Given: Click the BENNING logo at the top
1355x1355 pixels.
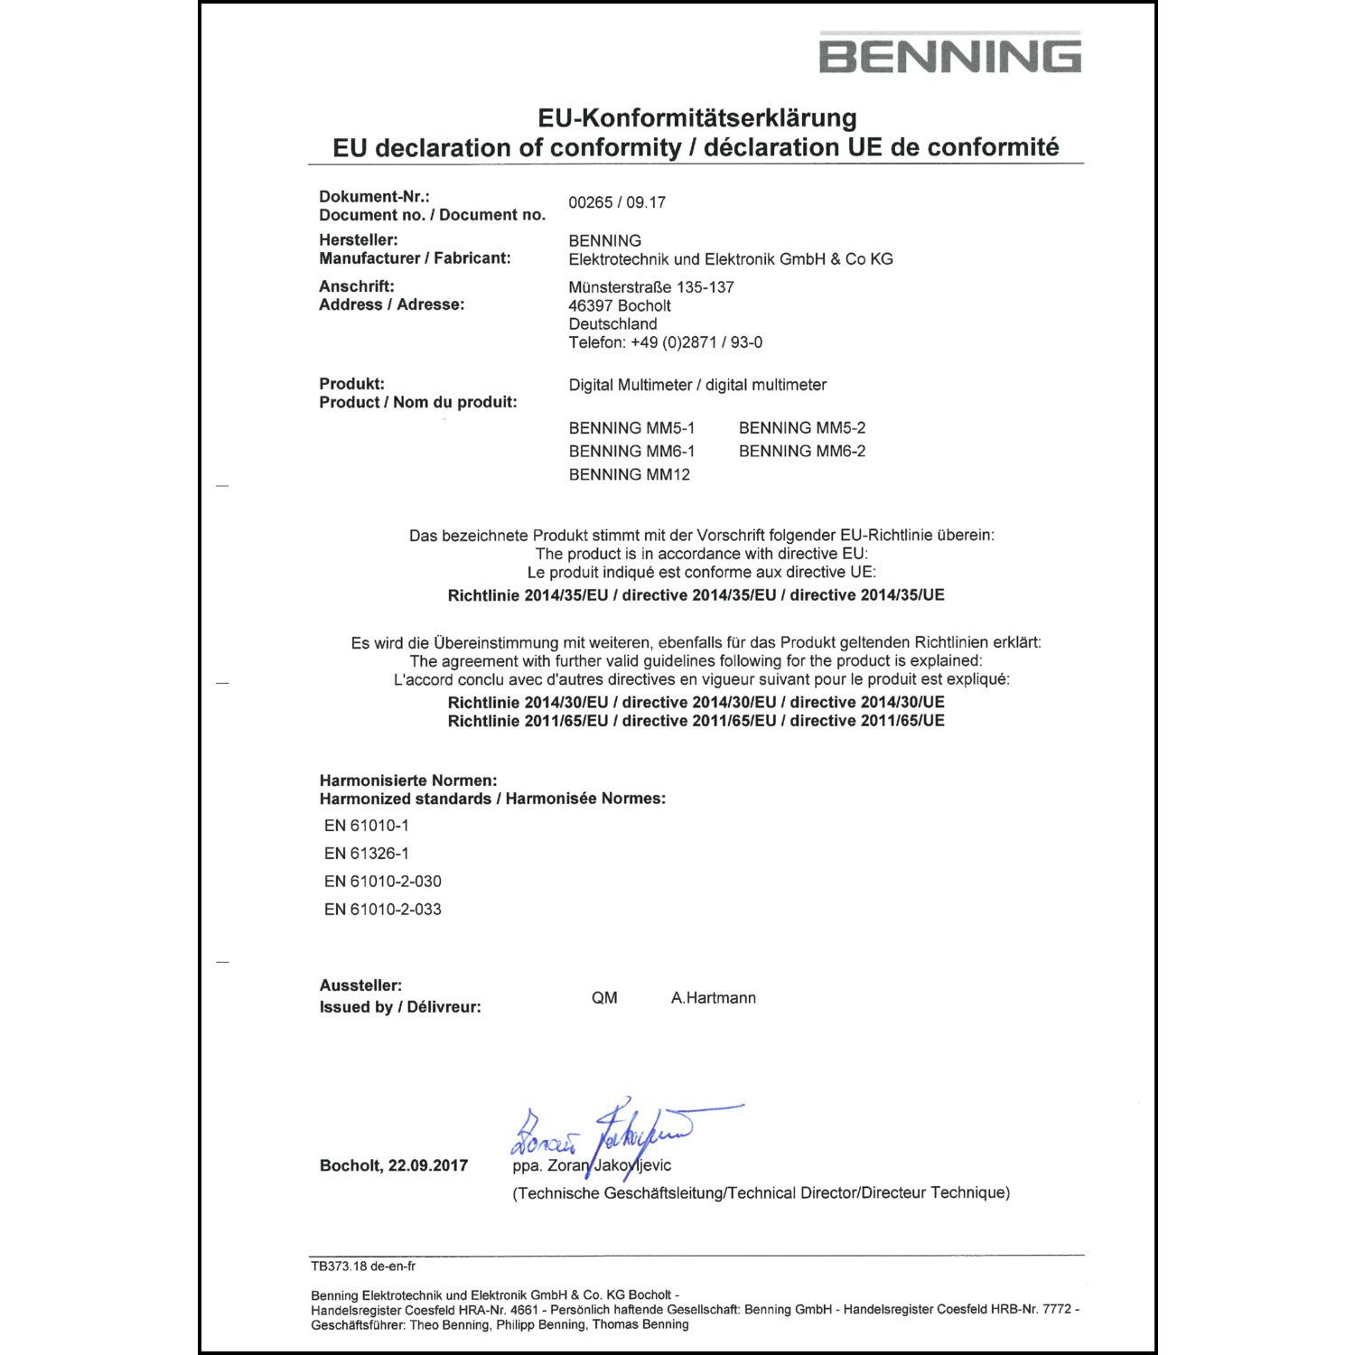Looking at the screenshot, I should coord(949,54).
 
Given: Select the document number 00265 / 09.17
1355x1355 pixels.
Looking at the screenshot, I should coord(617,202).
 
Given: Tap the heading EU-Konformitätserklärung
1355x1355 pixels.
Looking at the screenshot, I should coord(696,118).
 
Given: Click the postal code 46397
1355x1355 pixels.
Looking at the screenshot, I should coord(591,306).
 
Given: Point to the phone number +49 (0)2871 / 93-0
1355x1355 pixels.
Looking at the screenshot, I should coord(696,343).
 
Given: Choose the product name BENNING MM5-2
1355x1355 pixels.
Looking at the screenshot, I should coord(801,428).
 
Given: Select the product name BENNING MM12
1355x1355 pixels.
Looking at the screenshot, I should coord(629,475).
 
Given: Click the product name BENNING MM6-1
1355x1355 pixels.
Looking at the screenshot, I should coord(631,452).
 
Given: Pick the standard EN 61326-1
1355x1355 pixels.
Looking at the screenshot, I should coord(366,854).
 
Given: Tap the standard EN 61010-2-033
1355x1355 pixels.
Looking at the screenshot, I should coord(382,910).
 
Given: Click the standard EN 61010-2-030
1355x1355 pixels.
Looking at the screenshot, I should coord(382,882).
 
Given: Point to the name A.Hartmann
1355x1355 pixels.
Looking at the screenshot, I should coord(713,998).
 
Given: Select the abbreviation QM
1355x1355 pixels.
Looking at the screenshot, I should coord(604,998).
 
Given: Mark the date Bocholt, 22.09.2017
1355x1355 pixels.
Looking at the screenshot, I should coord(394,1166).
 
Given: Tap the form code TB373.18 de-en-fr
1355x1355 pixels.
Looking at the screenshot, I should coord(363,1266).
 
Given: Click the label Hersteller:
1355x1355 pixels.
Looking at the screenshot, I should coord(359,240).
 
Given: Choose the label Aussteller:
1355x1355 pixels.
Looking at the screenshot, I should coord(360,986).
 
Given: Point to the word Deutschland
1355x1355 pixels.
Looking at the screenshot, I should coord(612,324).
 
